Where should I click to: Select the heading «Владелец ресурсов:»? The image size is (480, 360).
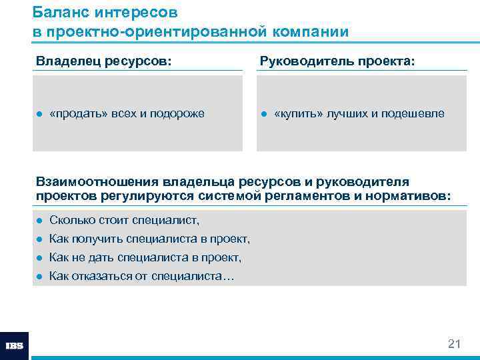(103, 61)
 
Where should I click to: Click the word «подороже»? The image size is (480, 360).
(180, 114)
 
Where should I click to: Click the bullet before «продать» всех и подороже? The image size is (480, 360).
(40, 114)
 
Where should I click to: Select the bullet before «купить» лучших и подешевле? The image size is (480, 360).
(263, 114)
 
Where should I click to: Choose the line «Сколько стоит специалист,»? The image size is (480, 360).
(125, 220)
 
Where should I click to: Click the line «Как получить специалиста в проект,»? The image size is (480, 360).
(150, 239)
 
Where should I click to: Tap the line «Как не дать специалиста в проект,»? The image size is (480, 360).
(145, 257)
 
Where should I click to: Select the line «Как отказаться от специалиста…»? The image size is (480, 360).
(142, 276)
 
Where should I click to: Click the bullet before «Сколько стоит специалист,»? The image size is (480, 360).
(40, 221)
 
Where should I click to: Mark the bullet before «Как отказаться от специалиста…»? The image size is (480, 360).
(40, 276)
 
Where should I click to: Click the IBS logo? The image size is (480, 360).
(15, 346)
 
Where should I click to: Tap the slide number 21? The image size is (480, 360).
(454, 344)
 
